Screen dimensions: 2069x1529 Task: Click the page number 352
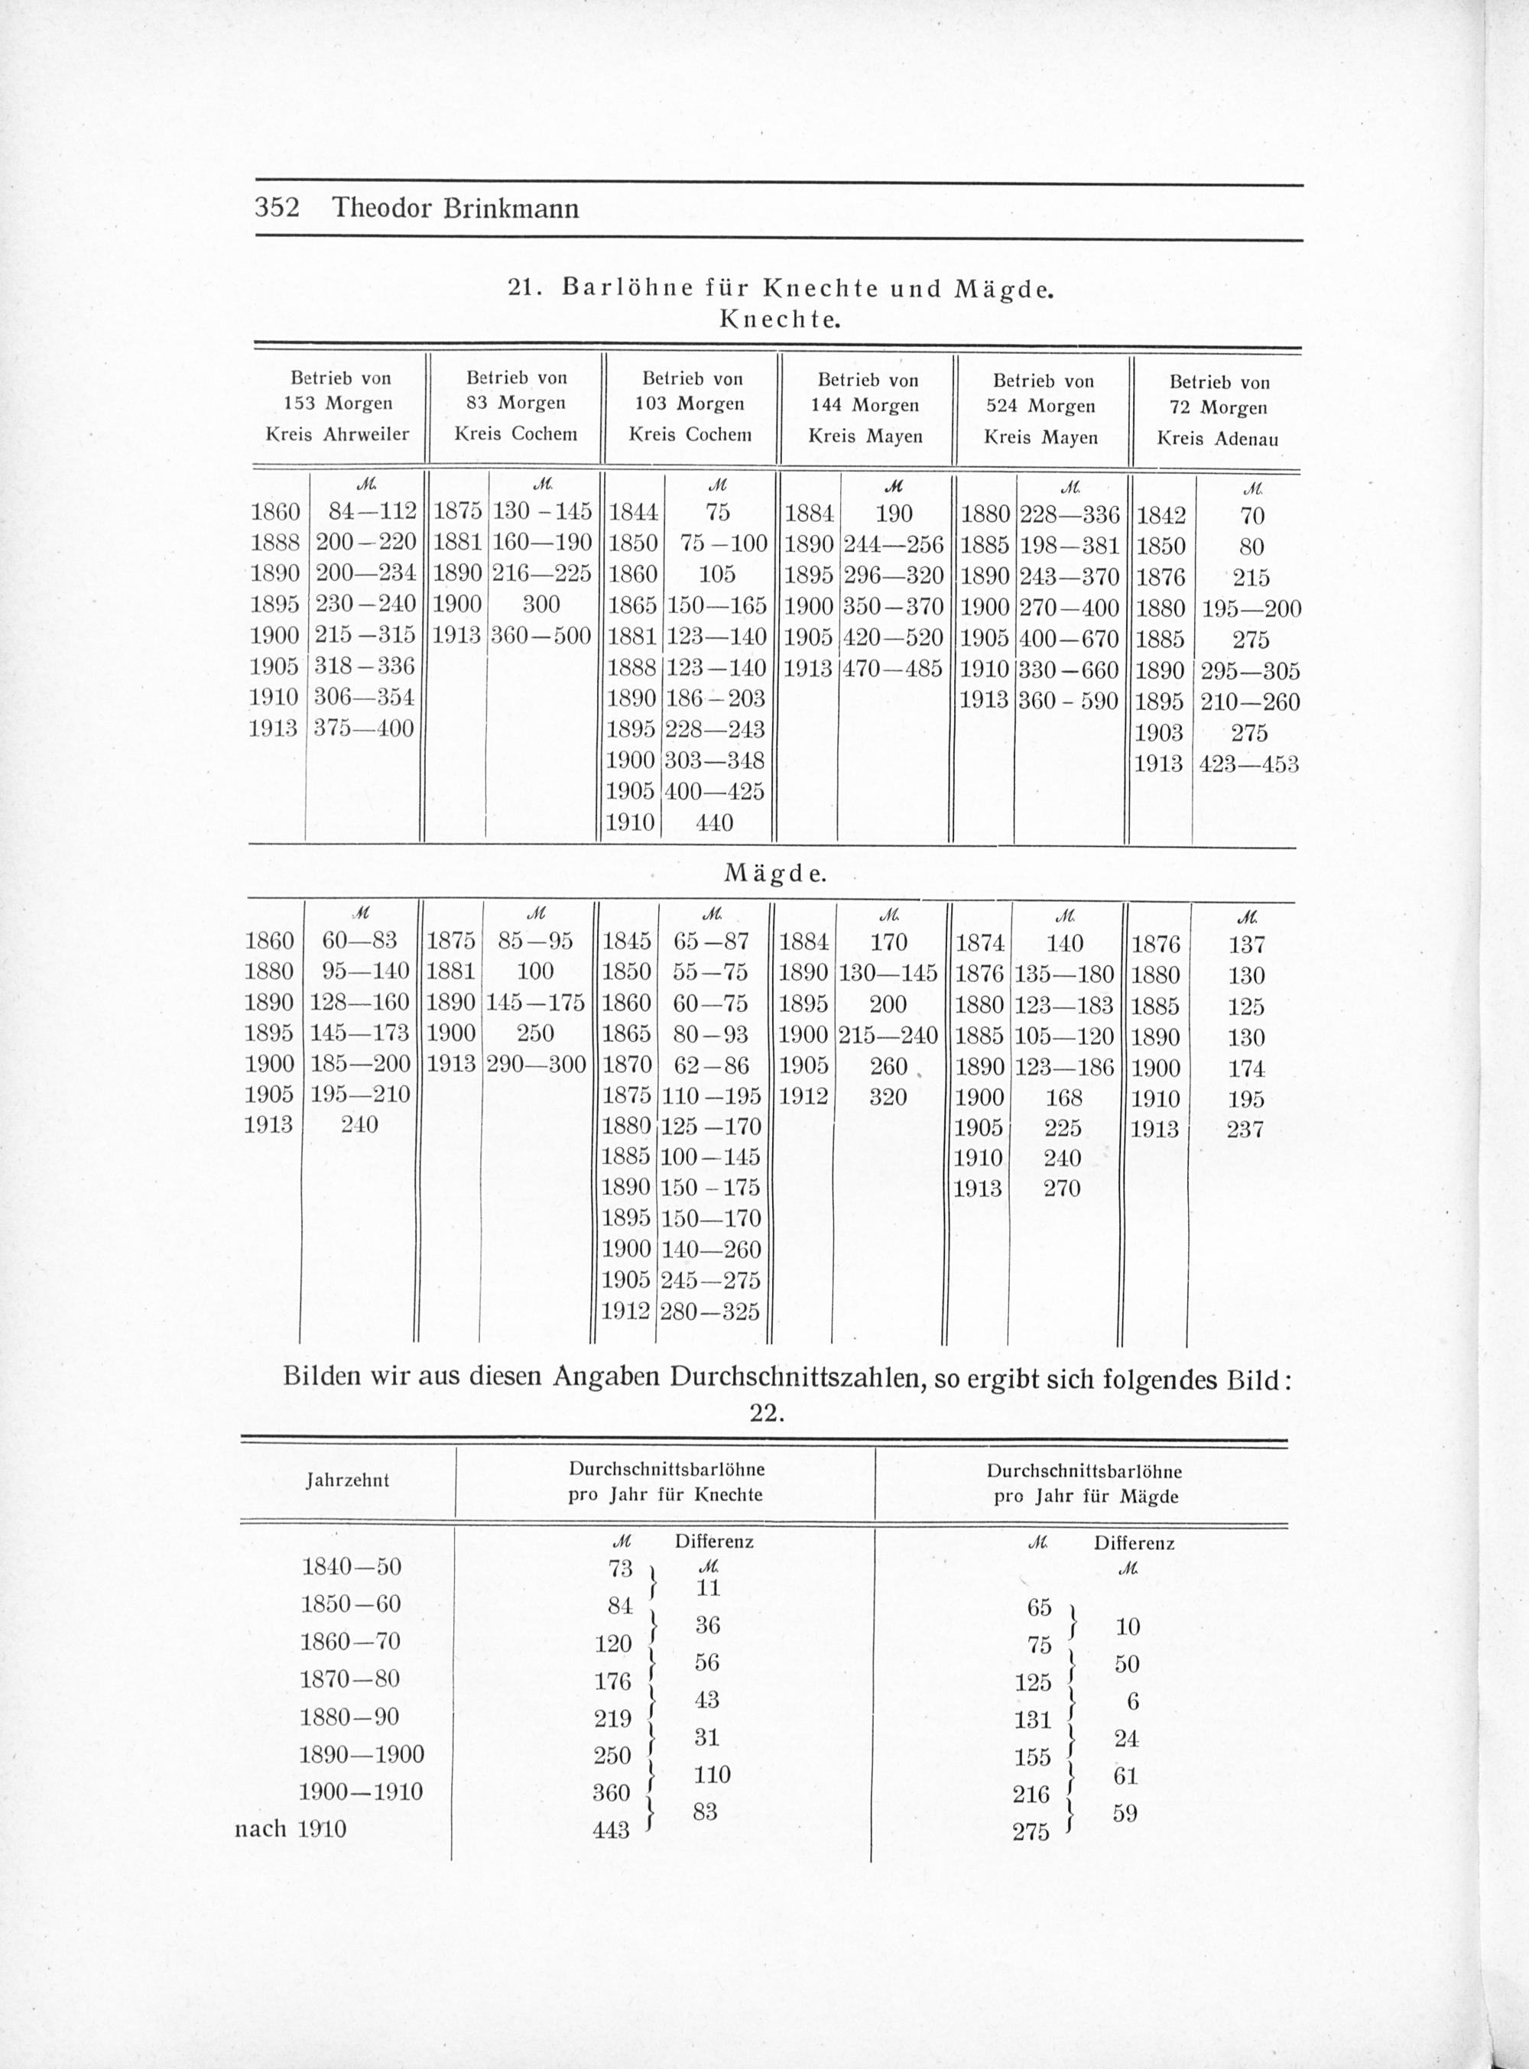[x=277, y=207]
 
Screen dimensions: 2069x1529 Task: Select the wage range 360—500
[x=541, y=636]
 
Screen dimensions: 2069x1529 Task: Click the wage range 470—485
[x=893, y=668]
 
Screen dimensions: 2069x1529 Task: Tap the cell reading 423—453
[x=1248, y=764]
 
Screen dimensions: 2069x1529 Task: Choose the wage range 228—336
[x=1069, y=514]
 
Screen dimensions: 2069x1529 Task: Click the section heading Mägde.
[x=774, y=874]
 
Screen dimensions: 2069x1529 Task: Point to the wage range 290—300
[x=536, y=1065]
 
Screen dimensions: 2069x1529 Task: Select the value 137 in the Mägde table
[x=1246, y=945]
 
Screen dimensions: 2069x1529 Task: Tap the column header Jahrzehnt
[x=347, y=1480]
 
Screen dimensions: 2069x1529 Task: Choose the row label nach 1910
[x=291, y=1828]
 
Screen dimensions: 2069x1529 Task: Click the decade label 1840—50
[x=352, y=1567]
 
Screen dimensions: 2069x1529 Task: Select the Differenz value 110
[x=712, y=1774]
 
